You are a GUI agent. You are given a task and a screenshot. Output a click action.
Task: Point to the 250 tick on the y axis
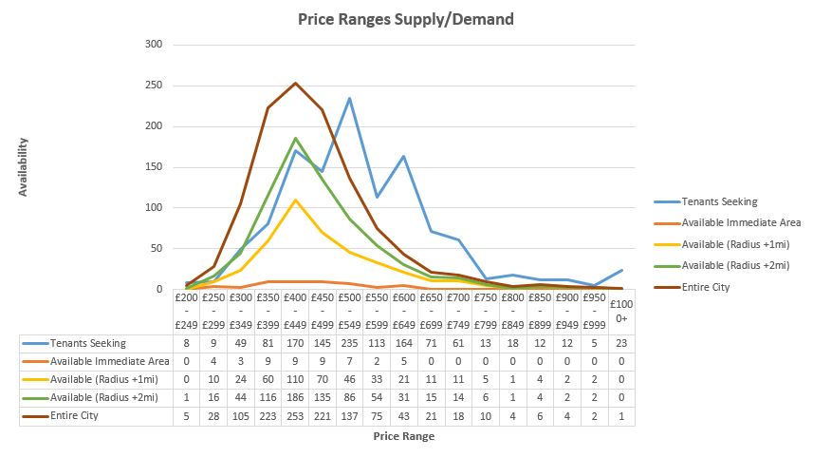(x=153, y=86)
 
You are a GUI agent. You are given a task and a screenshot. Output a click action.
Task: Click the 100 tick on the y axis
(x=153, y=208)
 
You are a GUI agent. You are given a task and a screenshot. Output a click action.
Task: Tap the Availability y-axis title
(x=24, y=167)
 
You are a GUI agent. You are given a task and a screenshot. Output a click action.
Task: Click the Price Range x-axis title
(x=404, y=436)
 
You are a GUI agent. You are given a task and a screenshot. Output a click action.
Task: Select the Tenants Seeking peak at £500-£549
(x=349, y=98)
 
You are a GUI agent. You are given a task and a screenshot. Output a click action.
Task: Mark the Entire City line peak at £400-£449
(x=295, y=83)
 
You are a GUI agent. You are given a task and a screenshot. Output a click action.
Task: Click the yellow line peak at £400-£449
(x=295, y=200)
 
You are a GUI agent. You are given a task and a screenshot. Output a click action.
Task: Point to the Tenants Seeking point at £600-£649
(x=403, y=156)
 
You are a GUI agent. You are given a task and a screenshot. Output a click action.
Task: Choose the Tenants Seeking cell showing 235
(x=349, y=342)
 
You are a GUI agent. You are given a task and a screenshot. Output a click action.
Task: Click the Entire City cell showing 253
(x=295, y=416)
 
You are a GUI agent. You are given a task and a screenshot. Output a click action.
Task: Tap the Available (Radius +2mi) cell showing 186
(x=295, y=397)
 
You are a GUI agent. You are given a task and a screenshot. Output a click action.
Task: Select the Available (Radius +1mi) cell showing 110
(x=295, y=379)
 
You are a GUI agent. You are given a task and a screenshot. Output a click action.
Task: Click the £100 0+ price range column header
(x=619, y=313)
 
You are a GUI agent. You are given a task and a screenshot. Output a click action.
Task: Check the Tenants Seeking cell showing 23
(x=619, y=342)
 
